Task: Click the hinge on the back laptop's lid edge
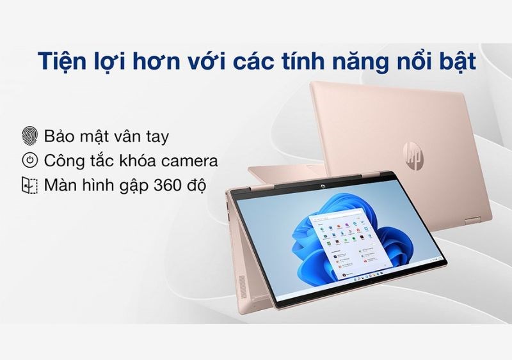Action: (x=472, y=221)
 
